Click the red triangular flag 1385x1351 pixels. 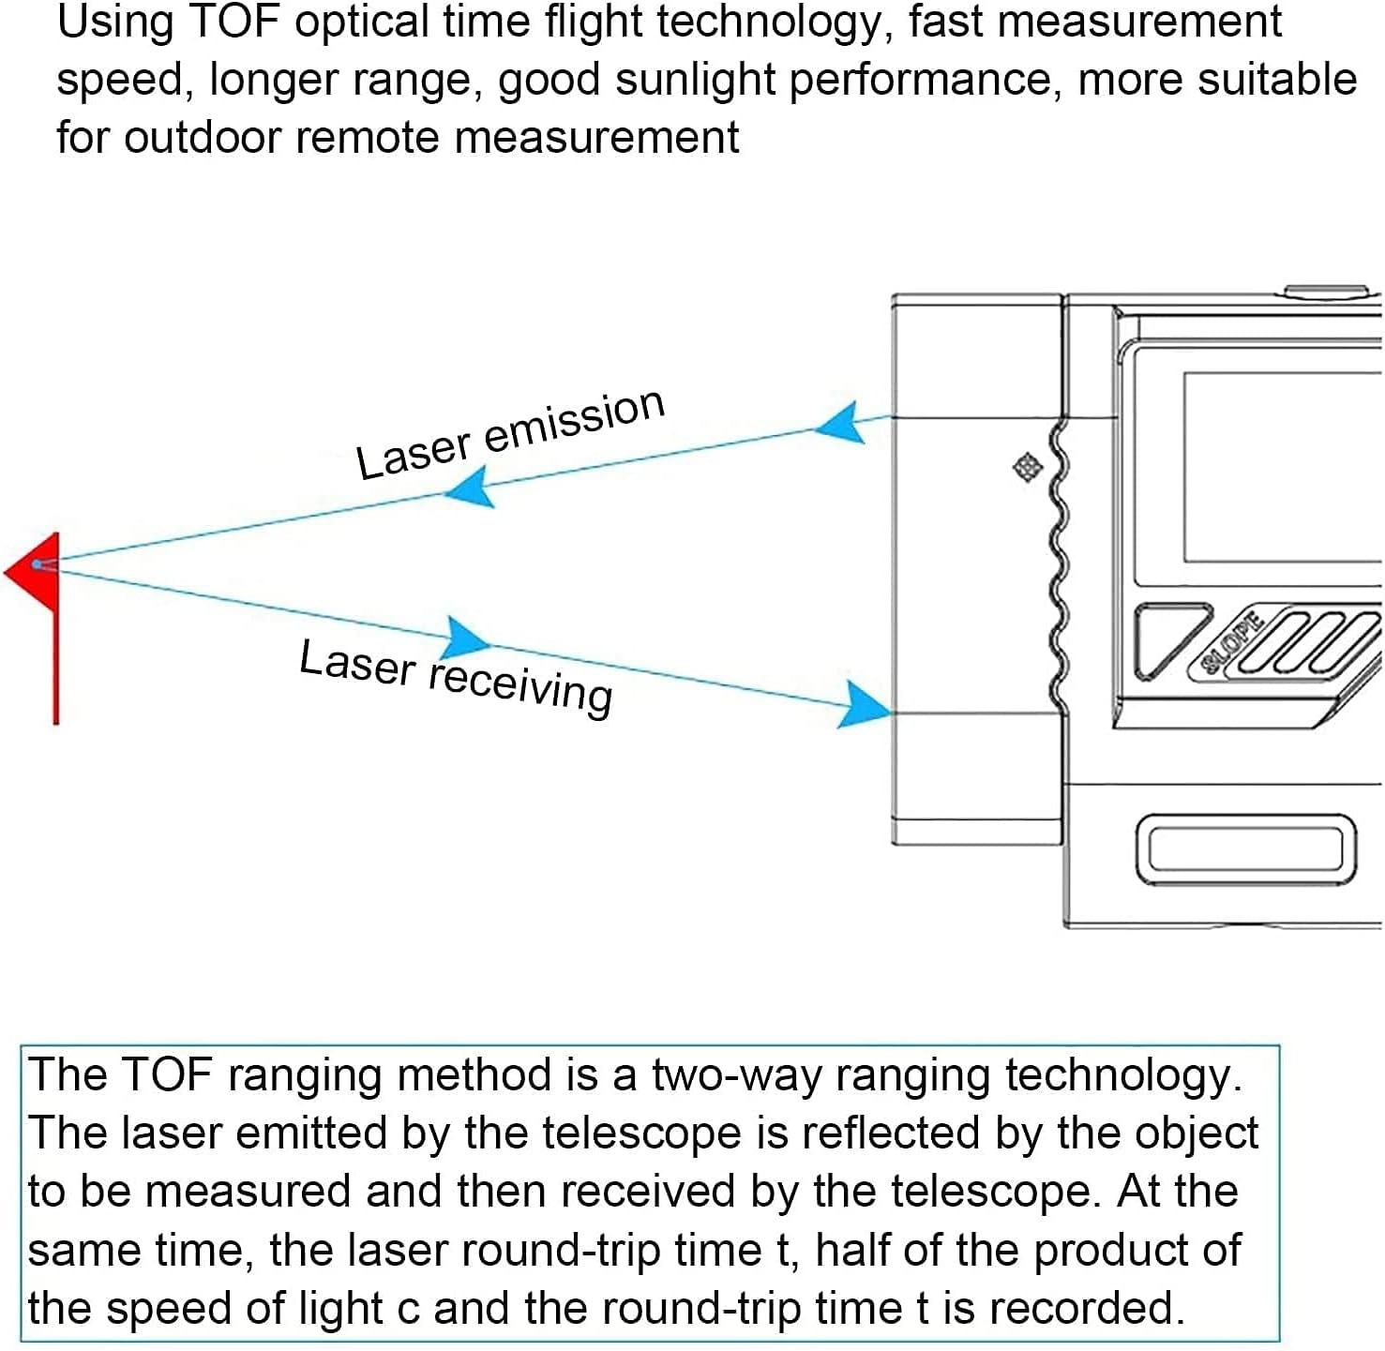[x=37, y=571]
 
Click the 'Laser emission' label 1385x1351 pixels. [x=510, y=434]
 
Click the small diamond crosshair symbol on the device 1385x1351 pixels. [x=1027, y=468]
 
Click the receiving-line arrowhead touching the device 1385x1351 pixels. [x=864, y=704]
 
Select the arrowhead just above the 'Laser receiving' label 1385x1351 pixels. [x=465, y=638]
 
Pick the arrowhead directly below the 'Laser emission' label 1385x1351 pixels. [x=470, y=488]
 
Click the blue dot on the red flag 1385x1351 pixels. [x=37, y=565]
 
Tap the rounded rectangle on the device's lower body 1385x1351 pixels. [x=1245, y=849]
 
